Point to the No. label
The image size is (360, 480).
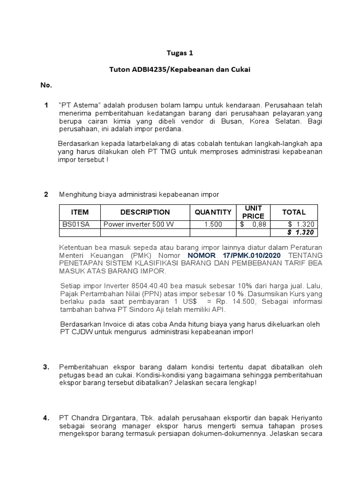(46, 86)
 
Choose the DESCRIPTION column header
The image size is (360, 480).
(145, 212)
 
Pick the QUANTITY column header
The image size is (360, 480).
(213, 212)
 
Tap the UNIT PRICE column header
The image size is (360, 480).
(253, 212)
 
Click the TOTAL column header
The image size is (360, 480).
(293, 212)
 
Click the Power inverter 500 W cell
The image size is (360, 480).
(138, 225)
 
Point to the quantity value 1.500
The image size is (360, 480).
(213, 225)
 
